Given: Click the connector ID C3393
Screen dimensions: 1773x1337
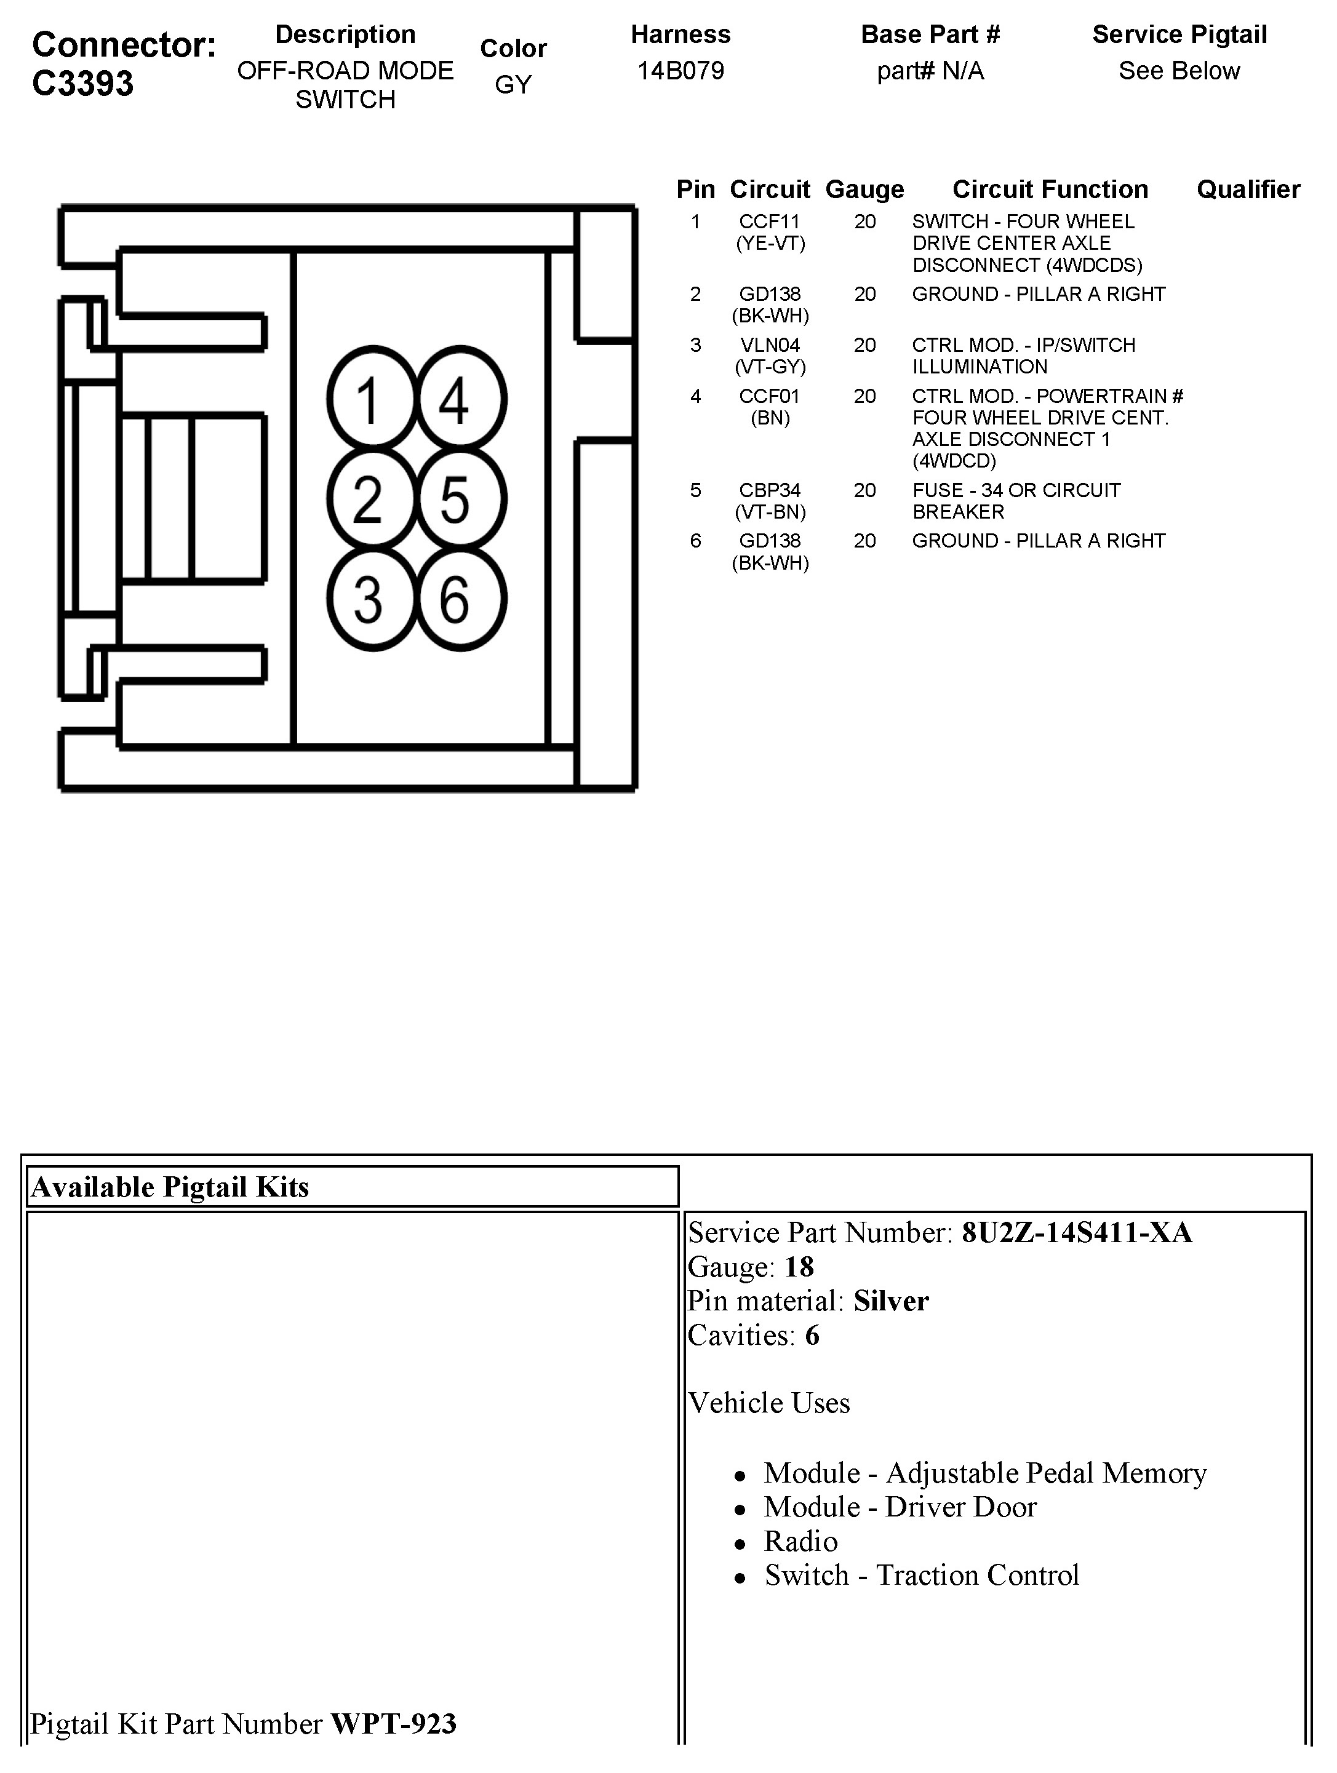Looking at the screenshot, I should (x=82, y=84).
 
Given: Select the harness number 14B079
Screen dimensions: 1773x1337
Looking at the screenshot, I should (x=680, y=71).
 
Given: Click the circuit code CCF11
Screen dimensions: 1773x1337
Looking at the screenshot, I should (x=770, y=221).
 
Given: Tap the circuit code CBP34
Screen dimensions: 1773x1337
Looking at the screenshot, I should (x=770, y=490).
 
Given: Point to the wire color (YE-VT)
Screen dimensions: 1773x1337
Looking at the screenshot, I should (x=770, y=243).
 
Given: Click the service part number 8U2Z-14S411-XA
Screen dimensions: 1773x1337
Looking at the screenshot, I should (x=1077, y=1232).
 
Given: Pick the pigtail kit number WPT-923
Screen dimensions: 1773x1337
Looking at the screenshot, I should (x=394, y=1723).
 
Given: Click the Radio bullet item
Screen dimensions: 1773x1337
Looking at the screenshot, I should (x=800, y=1540).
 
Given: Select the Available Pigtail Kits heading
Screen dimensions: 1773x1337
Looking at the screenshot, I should (x=169, y=1186).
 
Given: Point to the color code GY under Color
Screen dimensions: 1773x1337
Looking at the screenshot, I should (x=513, y=84).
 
